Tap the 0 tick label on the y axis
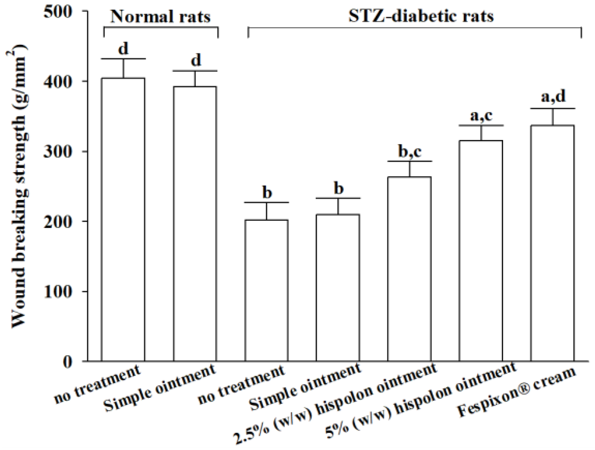pos(68,362)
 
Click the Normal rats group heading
pos(160,17)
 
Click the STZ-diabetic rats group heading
pos(421,16)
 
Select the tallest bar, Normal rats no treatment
pos(123,220)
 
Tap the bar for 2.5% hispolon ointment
pos(409,269)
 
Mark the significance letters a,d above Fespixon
pos(553,97)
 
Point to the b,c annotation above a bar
pos(409,151)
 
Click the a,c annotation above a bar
pos(481,116)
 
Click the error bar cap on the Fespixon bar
pos(553,109)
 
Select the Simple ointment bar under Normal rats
pos(195,224)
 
